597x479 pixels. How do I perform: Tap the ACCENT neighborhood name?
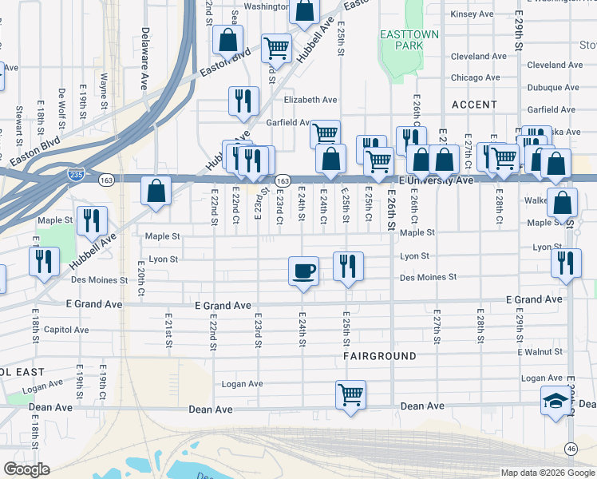pos(474,105)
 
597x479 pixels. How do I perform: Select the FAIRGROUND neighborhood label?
pos(380,355)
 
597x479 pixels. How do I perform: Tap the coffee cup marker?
pos(303,271)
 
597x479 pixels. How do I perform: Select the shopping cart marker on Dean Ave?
pos(350,394)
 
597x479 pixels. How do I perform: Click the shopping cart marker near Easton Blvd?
pos(276,47)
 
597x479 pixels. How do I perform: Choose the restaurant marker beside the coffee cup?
pos(347,267)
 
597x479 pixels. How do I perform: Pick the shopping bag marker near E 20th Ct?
pos(156,192)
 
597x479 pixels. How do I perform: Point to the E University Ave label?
pos(436,181)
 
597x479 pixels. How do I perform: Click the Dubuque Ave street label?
pos(478,89)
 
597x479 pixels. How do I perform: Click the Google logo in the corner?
pos(26,469)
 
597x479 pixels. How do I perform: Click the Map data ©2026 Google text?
pos(547,473)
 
